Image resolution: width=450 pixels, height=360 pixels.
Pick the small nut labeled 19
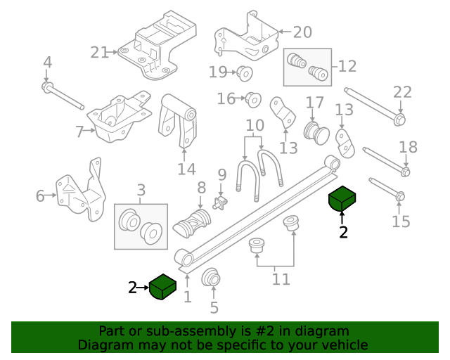coord(245,72)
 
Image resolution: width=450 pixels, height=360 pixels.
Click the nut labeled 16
coord(253,99)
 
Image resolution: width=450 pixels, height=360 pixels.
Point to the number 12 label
coord(347,66)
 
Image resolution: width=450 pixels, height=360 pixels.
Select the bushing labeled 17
coord(315,131)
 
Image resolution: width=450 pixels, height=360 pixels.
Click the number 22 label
coord(401,92)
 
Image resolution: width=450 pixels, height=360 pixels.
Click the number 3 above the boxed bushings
coord(141,189)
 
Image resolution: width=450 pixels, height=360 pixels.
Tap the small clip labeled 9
coord(219,202)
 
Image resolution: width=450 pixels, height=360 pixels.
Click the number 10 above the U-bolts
coord(255,127)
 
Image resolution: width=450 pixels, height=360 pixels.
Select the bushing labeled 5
coord(211,278)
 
